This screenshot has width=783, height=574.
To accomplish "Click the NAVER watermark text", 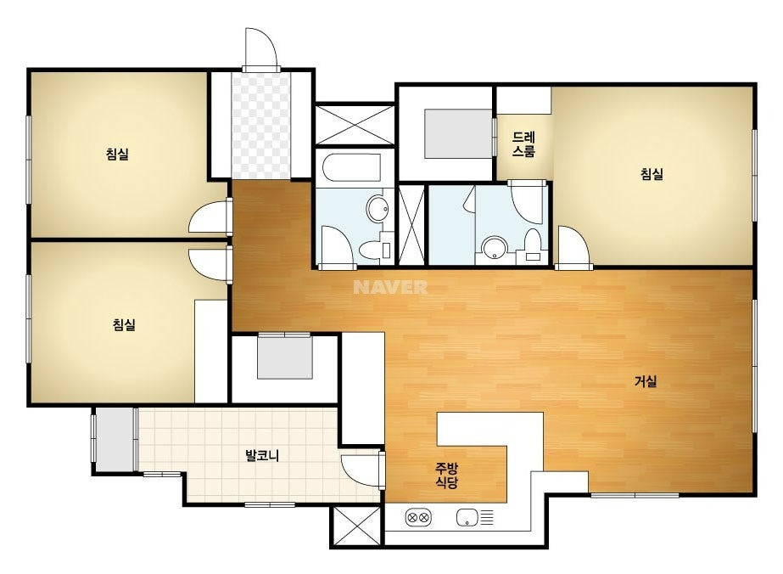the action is (390, 287).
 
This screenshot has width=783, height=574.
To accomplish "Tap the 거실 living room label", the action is (646, 381).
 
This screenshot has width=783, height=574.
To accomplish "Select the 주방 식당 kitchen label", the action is (446, 476).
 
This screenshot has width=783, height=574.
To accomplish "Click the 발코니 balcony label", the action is (262, 455).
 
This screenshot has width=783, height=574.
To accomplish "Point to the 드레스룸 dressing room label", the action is (523, 144).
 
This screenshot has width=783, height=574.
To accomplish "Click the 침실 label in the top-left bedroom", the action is (117, 154).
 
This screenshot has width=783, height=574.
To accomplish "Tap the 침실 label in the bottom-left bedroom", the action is (124, 325).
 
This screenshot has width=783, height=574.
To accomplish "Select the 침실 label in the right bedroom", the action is (652, 174).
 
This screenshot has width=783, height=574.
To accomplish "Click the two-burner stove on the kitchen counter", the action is (418, 518).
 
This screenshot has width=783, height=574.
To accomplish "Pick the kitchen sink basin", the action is (467, 518).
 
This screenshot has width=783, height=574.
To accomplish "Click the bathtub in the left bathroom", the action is (351, 167).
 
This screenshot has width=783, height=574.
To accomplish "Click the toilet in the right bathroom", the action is (533, 245).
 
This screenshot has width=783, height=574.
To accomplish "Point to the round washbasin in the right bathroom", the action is (495, 247).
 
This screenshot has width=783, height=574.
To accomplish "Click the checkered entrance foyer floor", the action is (260, 125).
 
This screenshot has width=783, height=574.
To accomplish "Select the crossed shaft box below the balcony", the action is (356, 526).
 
